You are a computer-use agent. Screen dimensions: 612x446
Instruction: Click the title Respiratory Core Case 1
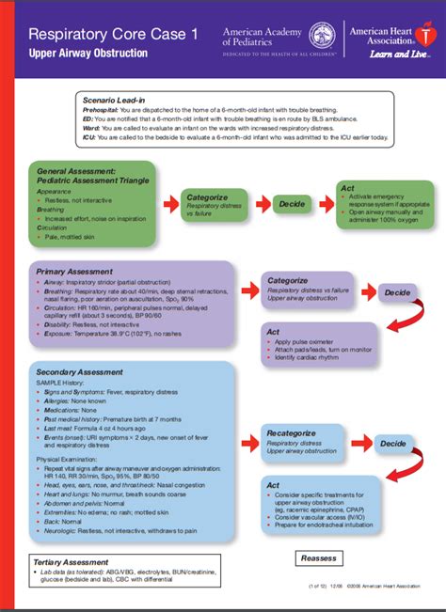(x=113, y=35)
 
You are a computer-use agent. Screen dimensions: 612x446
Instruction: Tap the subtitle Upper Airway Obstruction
(x=88, y=53)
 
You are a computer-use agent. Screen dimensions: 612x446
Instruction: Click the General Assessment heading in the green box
(x=77, y=172)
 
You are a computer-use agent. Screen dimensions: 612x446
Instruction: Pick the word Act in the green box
(x=347, y=189)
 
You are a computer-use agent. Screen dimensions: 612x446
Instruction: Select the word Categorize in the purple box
(x=287, y=280)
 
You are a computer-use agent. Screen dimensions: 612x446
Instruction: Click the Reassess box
(x=319, y=557)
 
